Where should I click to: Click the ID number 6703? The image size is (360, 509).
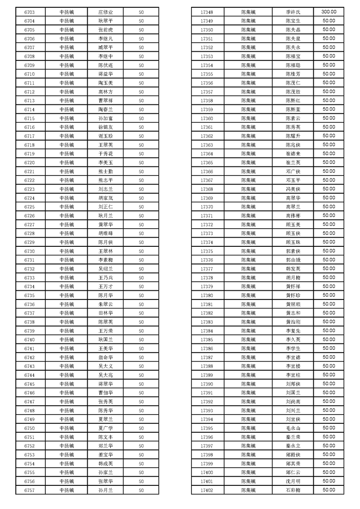coord(30,12)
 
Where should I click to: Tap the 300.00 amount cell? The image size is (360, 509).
coord(329,12)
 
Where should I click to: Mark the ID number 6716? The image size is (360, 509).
coord(30,127)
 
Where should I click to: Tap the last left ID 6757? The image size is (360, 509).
coord(30,490)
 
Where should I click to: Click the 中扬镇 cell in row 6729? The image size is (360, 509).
coord(67,242)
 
